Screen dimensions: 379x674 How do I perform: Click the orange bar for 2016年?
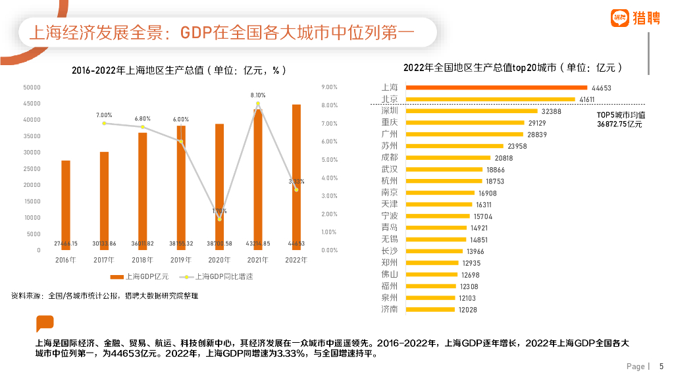point(65,205)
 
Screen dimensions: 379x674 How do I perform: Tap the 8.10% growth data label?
point(258,95)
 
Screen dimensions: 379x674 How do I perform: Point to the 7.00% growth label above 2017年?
point(104,114)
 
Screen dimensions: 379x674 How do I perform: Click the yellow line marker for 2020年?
point(219,218)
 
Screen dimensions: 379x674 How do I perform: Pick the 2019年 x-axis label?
point(180,260)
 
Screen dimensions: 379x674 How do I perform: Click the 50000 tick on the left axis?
point(32,87)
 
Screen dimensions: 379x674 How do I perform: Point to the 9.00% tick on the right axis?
point(329,87)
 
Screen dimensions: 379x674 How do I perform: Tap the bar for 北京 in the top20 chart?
point(491,99)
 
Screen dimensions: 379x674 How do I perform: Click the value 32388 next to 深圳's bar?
point(551,111)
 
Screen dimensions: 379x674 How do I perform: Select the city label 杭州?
point(390,181)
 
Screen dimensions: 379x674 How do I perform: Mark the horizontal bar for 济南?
point(430,309)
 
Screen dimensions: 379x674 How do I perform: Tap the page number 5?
point(661,366)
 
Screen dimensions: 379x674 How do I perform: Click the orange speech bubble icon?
point(45,324)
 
